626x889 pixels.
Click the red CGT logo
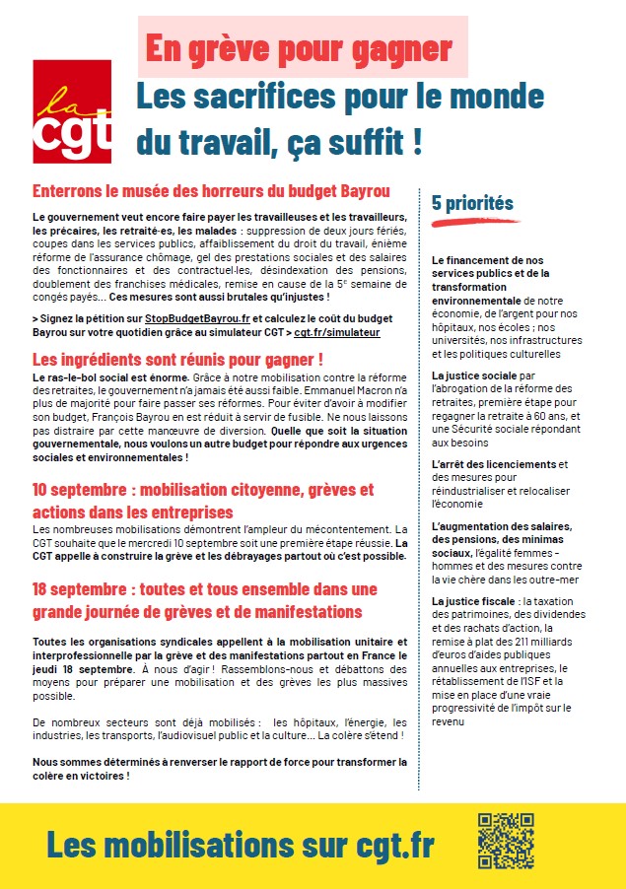[x=72, y=110]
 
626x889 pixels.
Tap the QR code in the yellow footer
[x=506, y=840]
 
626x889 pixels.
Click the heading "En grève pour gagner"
[x=299, y=47]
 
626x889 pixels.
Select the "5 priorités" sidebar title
[x=472, y=203]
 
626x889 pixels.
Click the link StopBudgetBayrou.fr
[x=192, y=318]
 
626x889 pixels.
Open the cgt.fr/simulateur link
[x=337, y=333]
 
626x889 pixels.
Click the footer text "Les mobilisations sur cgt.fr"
[x=240, y=845]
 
